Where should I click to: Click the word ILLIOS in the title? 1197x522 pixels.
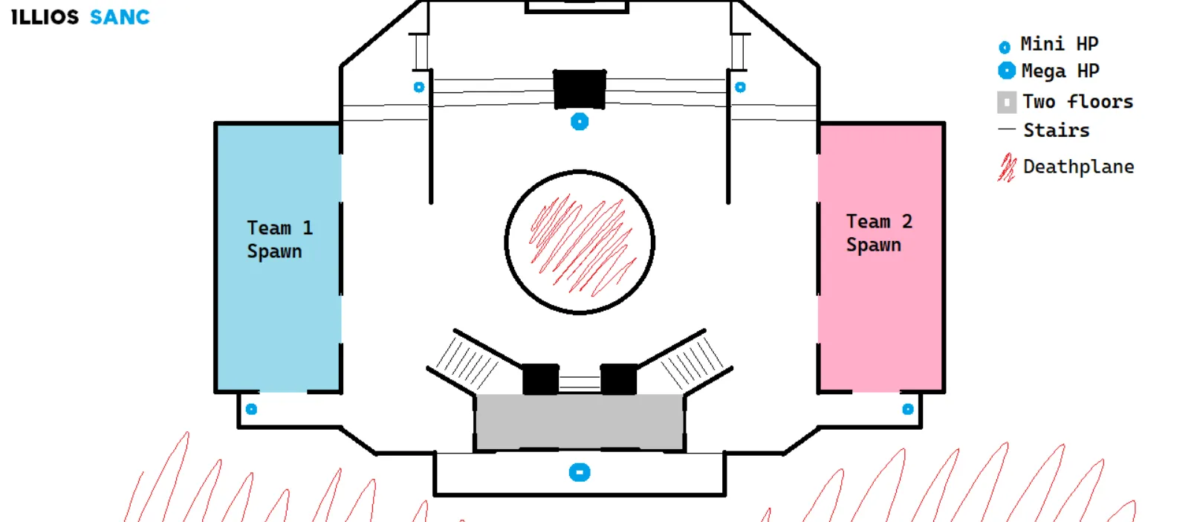point(45,17)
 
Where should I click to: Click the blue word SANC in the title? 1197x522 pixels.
point(120,17)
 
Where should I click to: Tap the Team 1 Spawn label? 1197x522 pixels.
point(279,239)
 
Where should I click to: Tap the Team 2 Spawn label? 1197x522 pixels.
point(878,233)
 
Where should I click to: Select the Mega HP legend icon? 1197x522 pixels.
point(1007,71)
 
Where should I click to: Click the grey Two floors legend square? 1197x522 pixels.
point(1007,102)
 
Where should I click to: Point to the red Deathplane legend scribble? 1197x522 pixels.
point(1007,167)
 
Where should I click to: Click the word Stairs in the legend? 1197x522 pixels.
point(1056,130)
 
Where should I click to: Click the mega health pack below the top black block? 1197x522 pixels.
point(580,121)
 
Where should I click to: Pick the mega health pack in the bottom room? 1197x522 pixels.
point(580,472)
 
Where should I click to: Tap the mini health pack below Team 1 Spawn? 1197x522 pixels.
point(251,409)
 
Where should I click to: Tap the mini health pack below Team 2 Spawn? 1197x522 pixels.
point(908,409)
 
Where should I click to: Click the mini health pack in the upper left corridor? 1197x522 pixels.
point(419,87)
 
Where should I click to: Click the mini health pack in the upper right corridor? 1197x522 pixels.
point(740,87)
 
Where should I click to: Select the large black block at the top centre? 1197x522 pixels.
point(580,89)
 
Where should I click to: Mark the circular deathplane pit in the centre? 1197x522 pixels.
point(580,242)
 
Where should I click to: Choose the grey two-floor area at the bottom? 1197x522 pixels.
point(580,422)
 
